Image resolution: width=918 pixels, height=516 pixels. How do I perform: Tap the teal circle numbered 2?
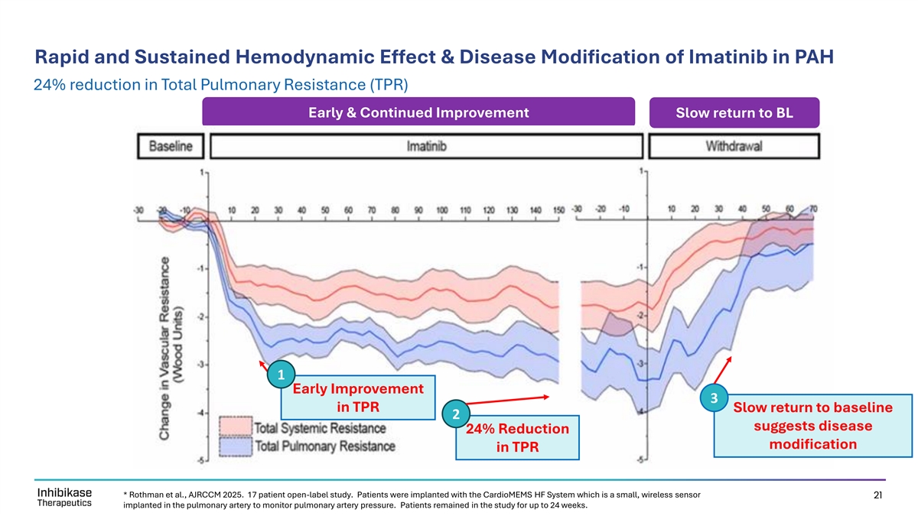point(455,414)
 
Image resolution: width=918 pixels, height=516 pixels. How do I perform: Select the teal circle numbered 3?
point(714,398)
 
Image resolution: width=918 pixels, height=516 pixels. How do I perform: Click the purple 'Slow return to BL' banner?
point(734,113)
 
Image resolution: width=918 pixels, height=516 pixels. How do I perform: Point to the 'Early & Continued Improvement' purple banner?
point(418,113)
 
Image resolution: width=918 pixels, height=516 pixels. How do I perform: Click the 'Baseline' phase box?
point(171,146)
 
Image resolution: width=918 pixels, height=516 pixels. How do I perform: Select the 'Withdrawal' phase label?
point(734,146)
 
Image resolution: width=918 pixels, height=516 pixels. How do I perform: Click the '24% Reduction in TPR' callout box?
point(517,438)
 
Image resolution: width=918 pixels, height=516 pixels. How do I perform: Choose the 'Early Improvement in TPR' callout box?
point(358,397)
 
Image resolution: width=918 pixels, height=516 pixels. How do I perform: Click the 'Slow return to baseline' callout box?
point(812,425)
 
